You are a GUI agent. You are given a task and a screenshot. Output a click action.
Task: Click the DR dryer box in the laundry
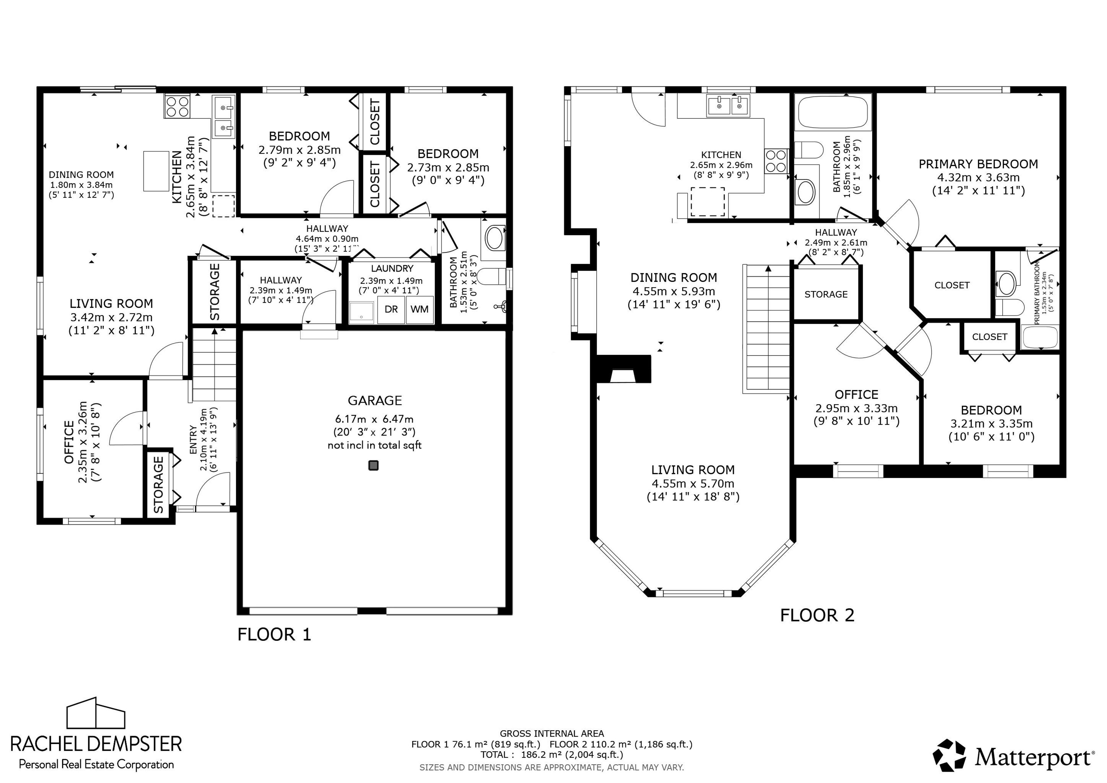pos(391,309)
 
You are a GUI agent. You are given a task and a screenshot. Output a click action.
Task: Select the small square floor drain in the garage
pos(373,465)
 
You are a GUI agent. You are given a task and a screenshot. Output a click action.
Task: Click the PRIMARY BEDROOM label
pos(978,164)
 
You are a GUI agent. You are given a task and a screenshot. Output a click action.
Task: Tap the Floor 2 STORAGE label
pos(826,294)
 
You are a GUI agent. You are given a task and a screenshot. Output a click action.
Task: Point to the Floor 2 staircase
pos(766,328)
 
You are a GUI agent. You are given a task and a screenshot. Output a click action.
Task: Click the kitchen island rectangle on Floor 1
pos(156,171)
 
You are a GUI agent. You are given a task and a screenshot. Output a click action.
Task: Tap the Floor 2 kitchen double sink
pos(728,106)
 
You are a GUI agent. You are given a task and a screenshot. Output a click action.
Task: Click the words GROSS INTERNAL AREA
pos(551,734)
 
